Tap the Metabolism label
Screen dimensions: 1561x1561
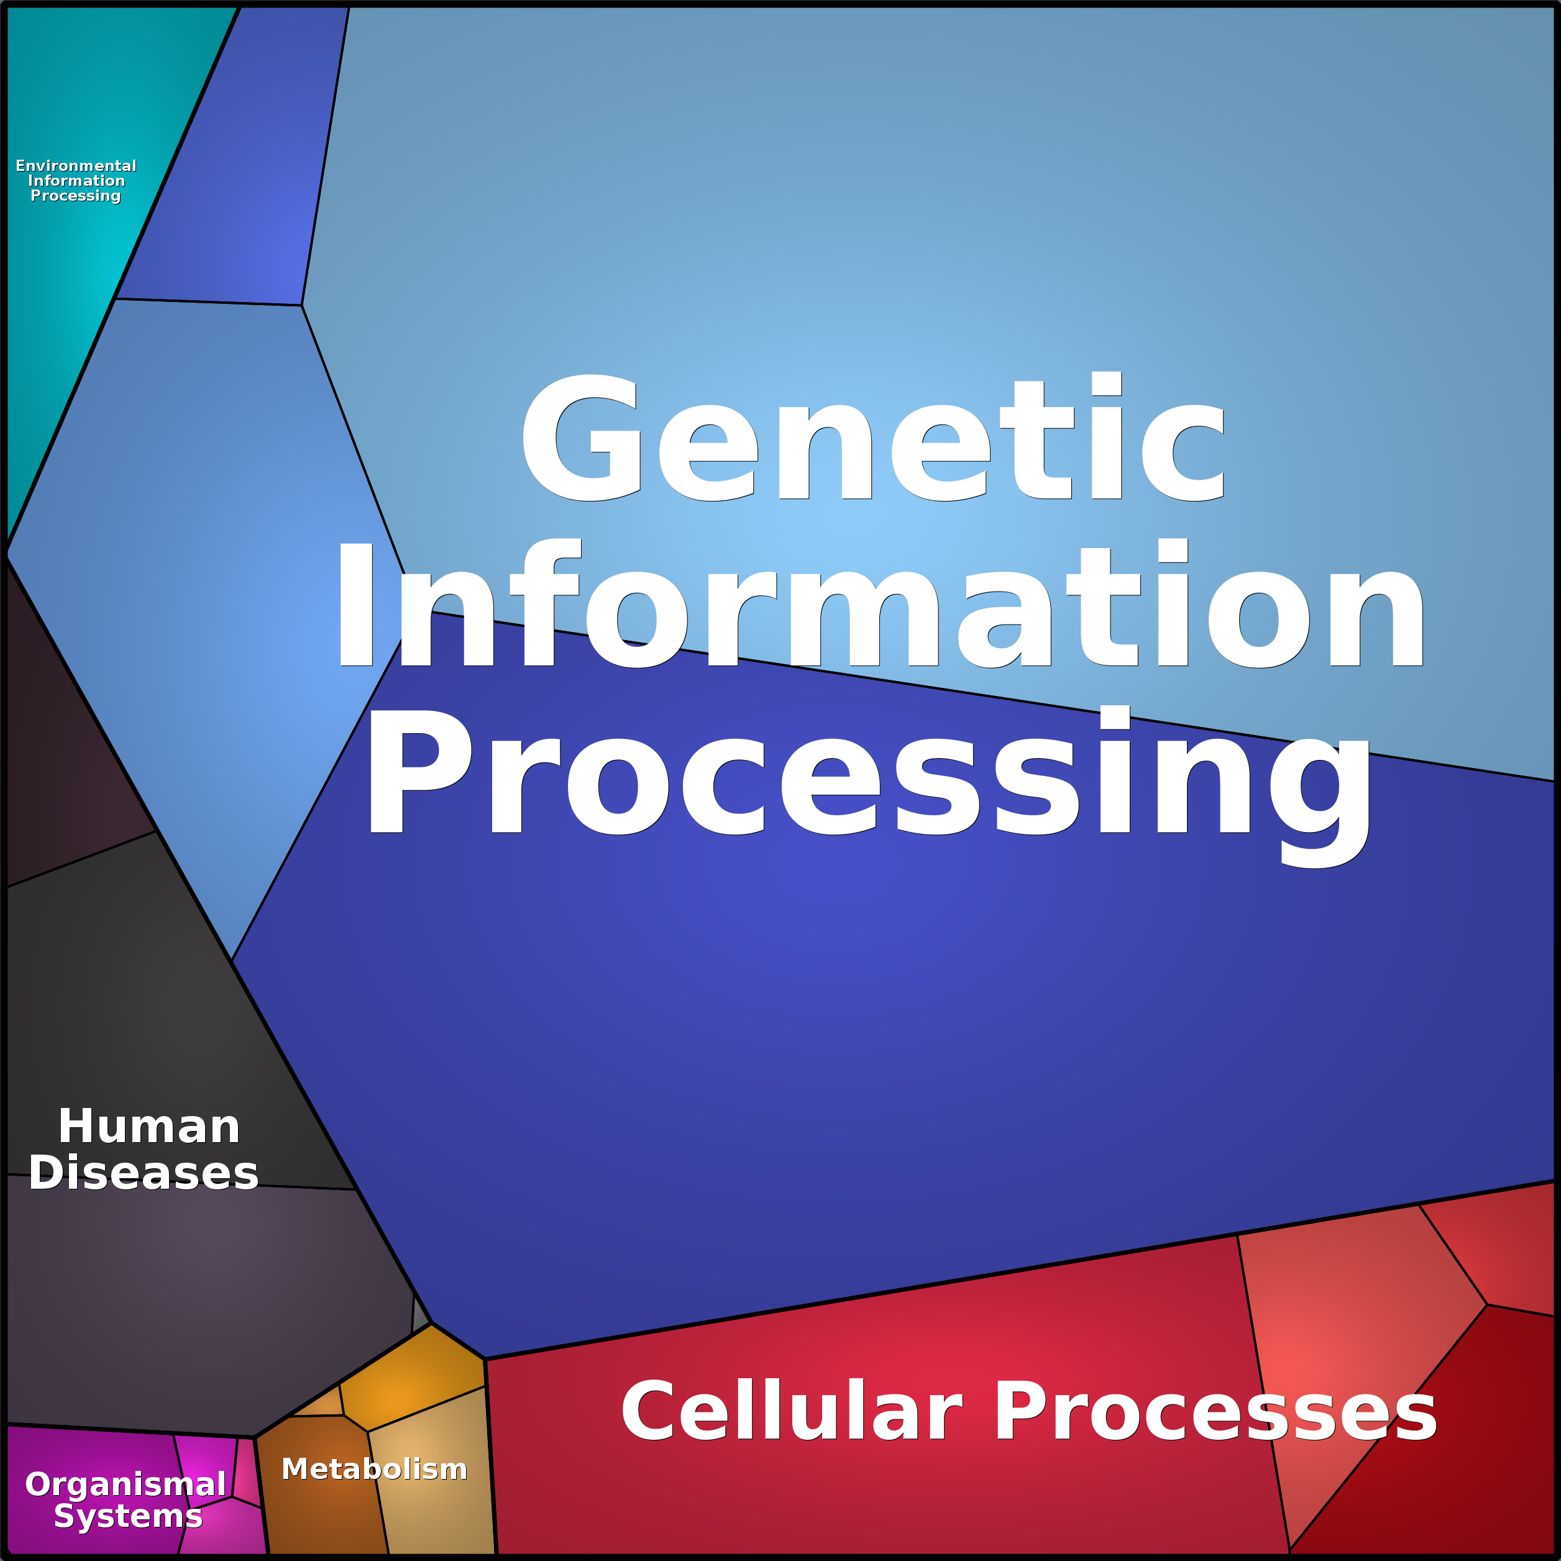point(374,1469)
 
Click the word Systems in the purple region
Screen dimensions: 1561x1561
point(127,1516)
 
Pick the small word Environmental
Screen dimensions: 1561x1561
point(76,166)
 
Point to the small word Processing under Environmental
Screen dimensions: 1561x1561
point(76,196)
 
